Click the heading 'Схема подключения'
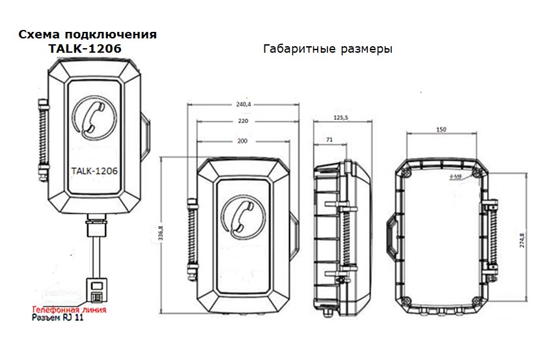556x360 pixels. (88, 35)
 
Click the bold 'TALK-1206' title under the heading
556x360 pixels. (85, 48)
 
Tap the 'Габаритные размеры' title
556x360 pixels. (328, 49)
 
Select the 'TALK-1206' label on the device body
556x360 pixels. (92, 171)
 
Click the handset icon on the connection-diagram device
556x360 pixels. (92, 115)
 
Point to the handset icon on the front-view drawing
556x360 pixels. (241, 215)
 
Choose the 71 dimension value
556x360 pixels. (329, 139)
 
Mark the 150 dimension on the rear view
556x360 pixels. (441, 131)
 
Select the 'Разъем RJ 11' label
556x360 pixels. (58, 320)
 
